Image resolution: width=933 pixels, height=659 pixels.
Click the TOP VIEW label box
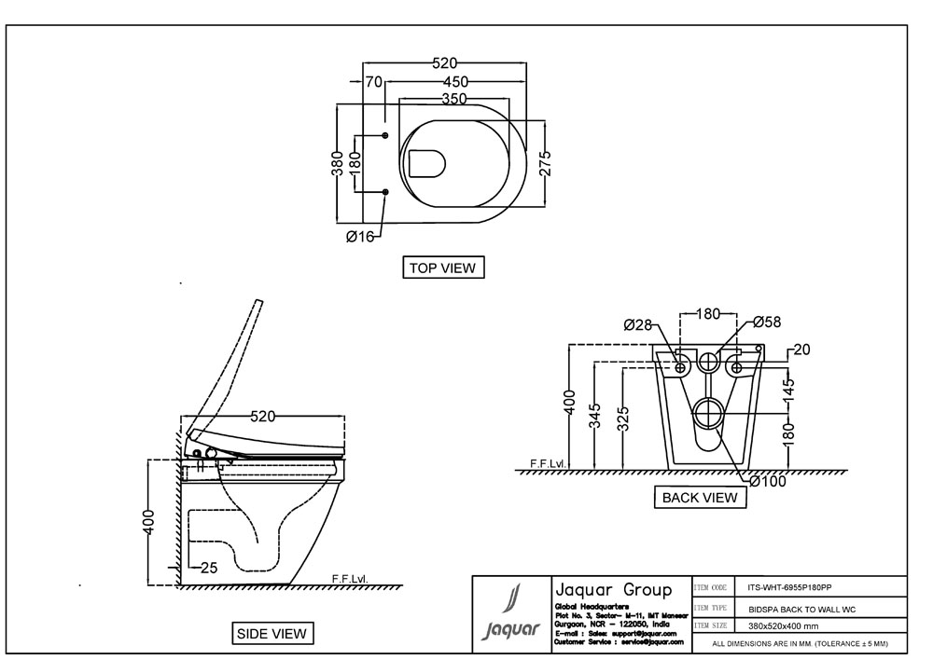(443, 268)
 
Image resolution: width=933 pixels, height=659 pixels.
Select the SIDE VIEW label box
(272, 634)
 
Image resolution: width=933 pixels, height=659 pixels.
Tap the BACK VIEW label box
(700, 498)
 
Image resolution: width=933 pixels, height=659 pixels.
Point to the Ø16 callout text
(359, 237)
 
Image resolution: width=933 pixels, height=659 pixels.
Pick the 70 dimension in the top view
(374, 82)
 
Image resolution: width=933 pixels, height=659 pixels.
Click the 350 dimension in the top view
(454, 99)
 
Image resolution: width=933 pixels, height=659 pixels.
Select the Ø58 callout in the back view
(766, 323)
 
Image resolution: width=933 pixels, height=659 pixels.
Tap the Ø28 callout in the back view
(637, 324)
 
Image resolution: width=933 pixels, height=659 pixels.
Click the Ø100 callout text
(768, 482)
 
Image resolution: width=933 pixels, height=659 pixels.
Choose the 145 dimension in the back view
(788, 384)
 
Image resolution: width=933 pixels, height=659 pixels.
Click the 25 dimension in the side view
(208, 567)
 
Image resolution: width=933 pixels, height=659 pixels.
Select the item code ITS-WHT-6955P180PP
(789, 588)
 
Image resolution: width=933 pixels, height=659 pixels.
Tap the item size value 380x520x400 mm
(783, 625)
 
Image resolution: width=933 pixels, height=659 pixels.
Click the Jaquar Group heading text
(613, 590)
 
